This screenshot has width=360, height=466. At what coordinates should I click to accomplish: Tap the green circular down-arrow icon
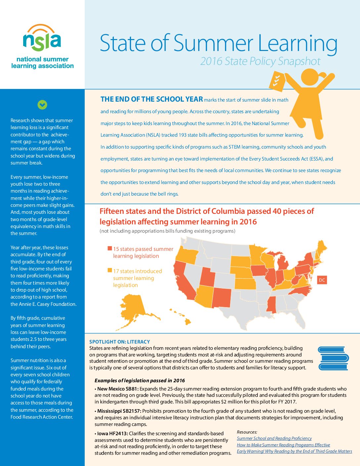pos(42,105)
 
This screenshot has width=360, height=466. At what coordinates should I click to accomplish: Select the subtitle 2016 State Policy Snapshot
pos(260,61)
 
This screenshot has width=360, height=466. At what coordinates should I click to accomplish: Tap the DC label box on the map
pos(322,280)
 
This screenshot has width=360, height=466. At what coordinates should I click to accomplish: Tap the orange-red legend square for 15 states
pos(110,248)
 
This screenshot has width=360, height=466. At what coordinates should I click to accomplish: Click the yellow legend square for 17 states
pos(110,270)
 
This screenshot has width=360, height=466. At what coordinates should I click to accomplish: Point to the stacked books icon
pos(333,358)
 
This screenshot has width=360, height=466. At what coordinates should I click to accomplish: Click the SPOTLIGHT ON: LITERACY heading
pos(119,342)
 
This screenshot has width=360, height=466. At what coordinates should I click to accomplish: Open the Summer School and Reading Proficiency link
pos(274,438)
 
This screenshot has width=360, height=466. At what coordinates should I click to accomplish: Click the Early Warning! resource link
pos(294,451)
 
